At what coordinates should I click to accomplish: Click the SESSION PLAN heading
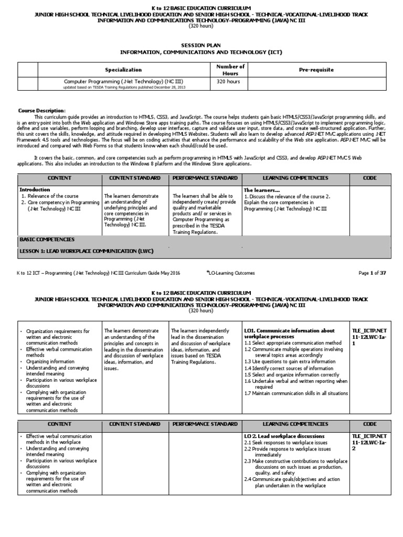tap(201, 46)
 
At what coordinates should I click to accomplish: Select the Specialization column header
tap(123, 70)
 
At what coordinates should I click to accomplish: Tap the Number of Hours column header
tap(230, 70)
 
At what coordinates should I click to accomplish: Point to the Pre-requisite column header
tap(316, 70)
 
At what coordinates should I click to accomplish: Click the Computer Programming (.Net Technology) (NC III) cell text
tap(123, 82)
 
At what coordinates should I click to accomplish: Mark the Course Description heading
tap(42, 111)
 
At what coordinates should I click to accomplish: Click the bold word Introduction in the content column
tap(35, 189)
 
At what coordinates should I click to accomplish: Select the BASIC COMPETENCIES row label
tap(47, 239)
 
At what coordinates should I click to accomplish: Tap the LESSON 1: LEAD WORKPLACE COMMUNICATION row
tap(86, 252)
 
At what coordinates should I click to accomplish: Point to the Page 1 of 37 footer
tap(372, 273)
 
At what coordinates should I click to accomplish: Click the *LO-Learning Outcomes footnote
tap(231, 273)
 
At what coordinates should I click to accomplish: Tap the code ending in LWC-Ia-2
tap(369, 442)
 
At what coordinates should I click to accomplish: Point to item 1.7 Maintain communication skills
tap(296, 393)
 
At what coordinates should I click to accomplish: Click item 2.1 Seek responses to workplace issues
tap(287, 443)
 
